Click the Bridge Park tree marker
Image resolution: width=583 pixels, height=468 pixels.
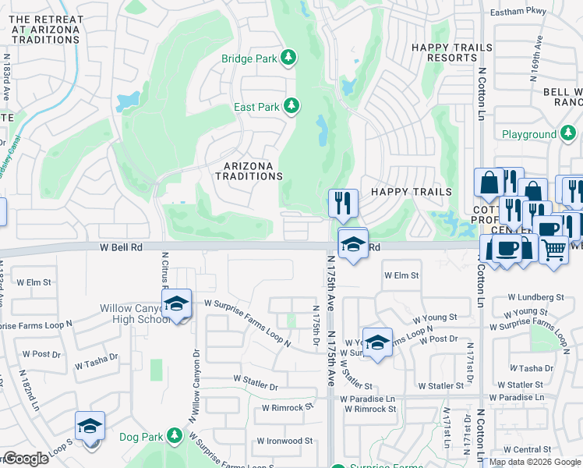pos(288,57)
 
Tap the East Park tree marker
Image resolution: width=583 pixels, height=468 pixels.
pos(291,105)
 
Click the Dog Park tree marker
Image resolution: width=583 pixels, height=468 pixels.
pos(173,436)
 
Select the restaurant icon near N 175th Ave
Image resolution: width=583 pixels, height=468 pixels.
pos(343,204)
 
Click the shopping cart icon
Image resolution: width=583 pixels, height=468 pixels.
pos(553,250)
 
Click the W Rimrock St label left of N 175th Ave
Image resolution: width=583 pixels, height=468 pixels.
pos(287,407)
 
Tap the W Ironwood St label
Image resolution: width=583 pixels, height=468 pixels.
pos(287,441)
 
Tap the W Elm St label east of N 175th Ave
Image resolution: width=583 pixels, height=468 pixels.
pos(401,275)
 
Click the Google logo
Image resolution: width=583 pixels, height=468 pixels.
pos(25,459)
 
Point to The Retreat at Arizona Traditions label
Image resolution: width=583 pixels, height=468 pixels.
pos(45,29)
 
